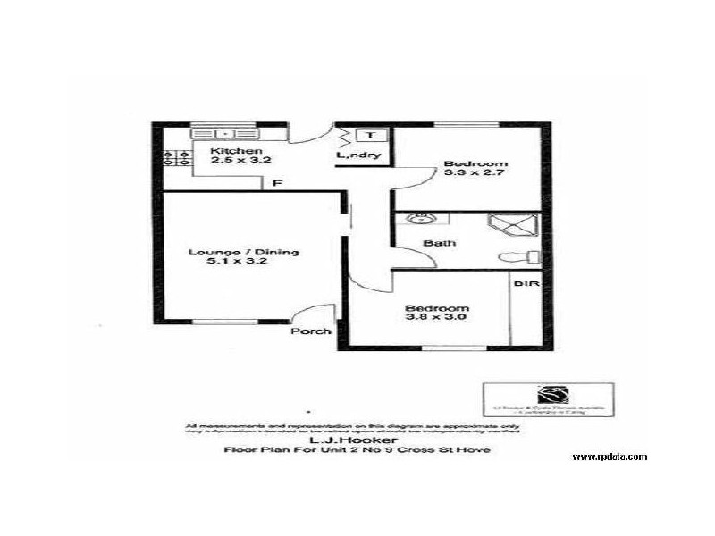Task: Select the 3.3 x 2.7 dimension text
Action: click(476, 175)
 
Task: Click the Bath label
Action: click(439, 242)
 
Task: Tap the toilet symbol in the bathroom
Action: click(521, 257)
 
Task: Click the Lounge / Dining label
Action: click(230, 252)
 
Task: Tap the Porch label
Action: click(311, 331)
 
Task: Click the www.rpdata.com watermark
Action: click(610, 456)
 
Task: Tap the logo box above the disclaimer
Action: click(548, 398)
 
